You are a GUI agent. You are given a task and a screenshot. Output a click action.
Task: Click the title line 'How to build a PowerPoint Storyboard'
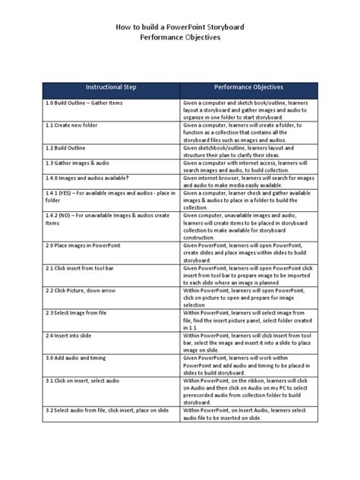(x=180, y=26)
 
